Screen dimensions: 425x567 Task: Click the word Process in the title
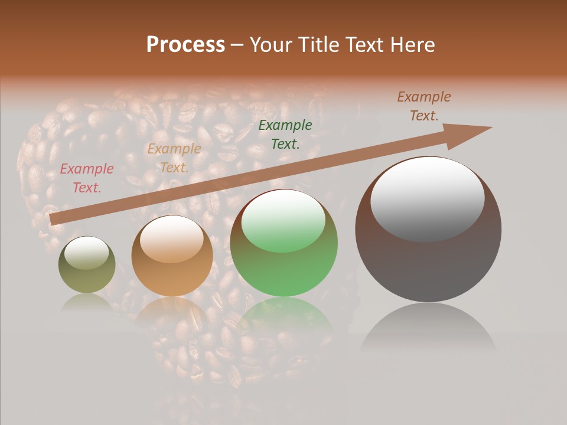point(185,45)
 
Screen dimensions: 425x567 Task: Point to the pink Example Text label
point(87,178)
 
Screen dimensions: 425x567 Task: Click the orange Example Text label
point(174,158)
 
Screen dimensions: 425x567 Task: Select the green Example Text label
point(285,134)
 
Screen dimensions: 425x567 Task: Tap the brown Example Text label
point(424,106)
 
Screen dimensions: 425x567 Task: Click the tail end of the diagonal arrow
point(53,220)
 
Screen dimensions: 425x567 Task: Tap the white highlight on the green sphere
point(283,220)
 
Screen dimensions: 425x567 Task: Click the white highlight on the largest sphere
point(428,198)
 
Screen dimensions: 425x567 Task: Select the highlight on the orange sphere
point(172,238)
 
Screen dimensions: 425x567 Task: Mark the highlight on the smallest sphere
point(87,253)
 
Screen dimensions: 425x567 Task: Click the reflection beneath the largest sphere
point(428,328)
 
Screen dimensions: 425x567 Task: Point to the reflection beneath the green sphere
point(284,316)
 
